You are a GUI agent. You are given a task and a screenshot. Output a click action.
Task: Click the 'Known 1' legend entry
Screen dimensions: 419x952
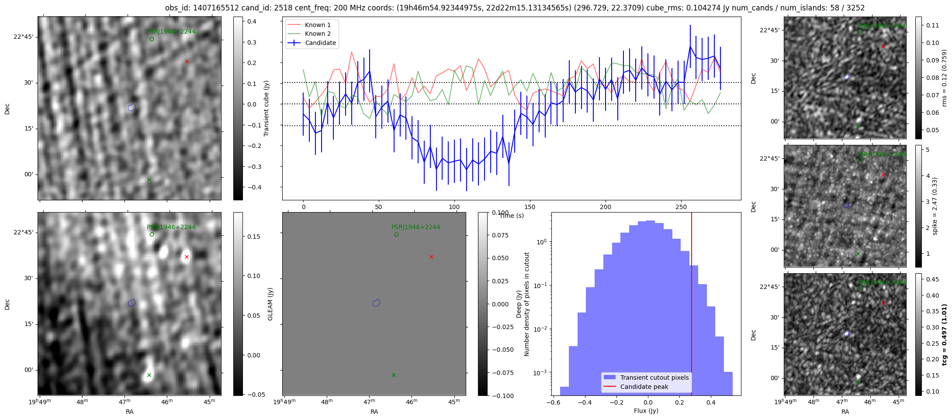tap(318, 25)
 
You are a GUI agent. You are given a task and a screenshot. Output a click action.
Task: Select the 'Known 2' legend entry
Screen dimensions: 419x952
tap(318, 34)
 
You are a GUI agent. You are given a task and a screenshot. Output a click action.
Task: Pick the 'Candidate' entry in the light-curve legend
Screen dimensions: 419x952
tap(320, 43)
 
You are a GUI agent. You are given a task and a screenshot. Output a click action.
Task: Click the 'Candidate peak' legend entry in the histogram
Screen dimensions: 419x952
tap(644, 387)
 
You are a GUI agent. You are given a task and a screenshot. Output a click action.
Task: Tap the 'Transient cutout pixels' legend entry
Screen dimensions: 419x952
tap(654, 378)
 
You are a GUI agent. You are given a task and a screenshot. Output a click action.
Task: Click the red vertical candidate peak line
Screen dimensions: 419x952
tap(692, 306)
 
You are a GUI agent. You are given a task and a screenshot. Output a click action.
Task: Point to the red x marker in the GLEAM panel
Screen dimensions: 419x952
tap(431, 257)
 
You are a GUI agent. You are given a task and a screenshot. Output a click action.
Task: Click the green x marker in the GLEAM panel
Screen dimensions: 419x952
tap(394, 375)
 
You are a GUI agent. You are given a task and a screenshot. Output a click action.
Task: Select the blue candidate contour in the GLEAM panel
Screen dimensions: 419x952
tap(377, 303)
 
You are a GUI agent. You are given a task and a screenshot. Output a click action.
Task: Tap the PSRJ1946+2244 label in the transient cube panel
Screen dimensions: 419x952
tap(171, 31)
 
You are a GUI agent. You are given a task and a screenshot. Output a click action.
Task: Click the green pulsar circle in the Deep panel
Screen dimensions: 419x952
tap(152, 234)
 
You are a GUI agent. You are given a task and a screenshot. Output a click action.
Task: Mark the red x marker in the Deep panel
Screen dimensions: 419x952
tap(187, 257)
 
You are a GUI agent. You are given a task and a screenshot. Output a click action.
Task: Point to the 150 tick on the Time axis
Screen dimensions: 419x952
tap(530, 207)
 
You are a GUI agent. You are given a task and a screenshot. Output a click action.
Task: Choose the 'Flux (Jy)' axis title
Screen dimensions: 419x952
tap(646, 411)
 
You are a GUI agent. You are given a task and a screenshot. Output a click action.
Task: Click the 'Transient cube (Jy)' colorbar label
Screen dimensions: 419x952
tap(266, 108)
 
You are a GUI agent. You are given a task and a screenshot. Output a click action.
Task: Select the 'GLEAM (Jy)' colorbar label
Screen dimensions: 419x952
tap(270, 304)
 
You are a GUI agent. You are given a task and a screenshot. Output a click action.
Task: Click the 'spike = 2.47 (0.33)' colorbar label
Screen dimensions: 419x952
tap(935, 206)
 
